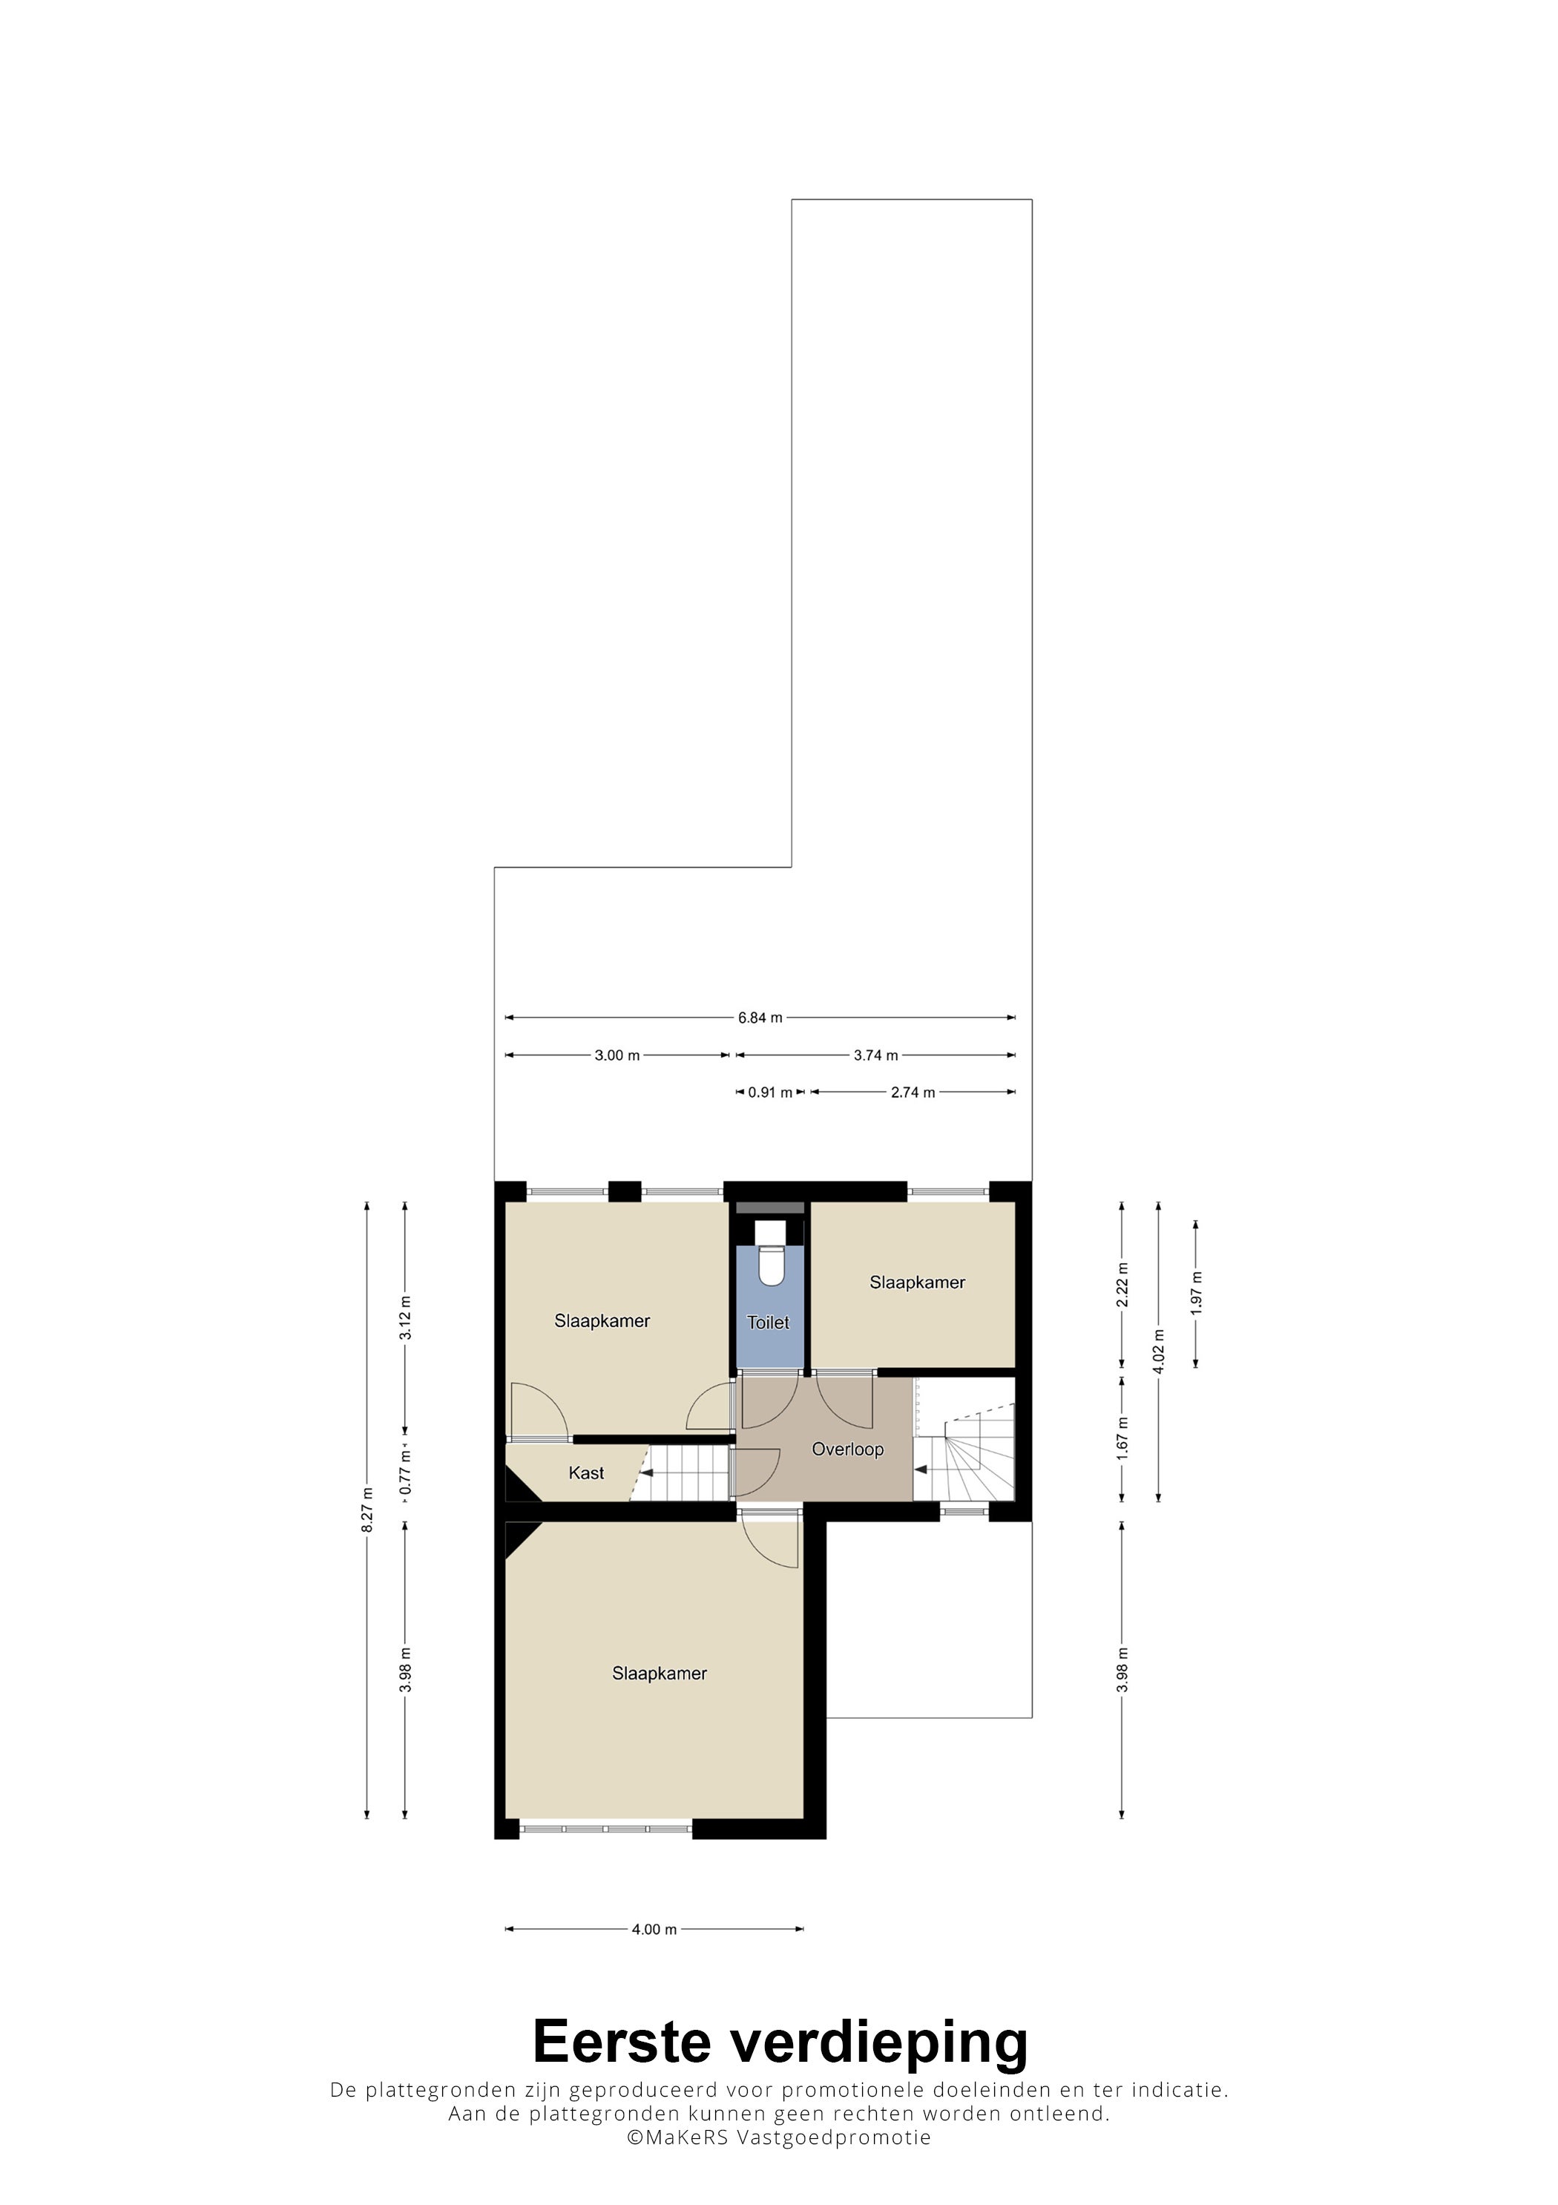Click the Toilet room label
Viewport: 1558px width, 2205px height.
pos(768,1323)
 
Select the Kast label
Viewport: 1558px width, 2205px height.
pos(587,1473)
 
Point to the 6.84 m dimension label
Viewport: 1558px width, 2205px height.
pos(760,1018)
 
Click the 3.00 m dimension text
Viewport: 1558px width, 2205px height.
pos(617,1055)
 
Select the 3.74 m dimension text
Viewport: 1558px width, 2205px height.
pos(876,1055)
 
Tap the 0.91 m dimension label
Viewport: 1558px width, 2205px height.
pos(771,1093)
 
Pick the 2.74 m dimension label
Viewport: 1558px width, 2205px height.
pos(913,1093)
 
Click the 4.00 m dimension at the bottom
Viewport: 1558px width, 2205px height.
pos(654,1930)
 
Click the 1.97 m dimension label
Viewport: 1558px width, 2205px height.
pos(1196,1293)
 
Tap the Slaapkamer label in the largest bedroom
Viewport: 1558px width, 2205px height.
pos(660,1673)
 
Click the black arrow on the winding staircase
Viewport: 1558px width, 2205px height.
pos(921,1470)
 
